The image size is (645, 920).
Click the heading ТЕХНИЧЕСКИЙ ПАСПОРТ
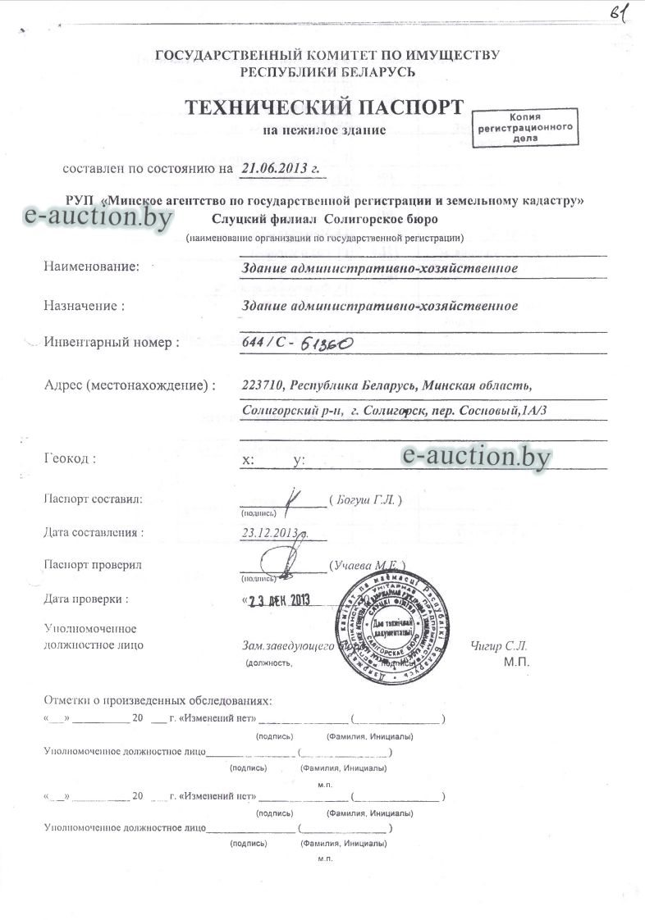(x=323, y=107)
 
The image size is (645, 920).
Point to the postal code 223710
(x=263, y=385)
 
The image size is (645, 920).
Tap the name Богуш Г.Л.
(x=364, y=499)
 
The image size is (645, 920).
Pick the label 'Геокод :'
(x=70, y=459)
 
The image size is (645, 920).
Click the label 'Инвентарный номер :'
(x=112, y=343)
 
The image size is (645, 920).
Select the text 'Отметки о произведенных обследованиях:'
(x=157, y=701)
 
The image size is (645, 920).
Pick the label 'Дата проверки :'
(x=86, y=599)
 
